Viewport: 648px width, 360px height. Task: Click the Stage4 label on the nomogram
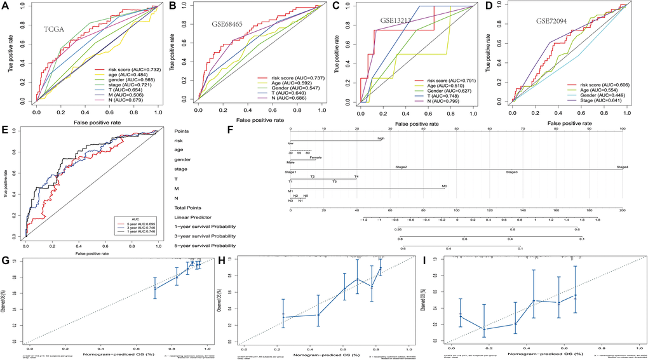622,167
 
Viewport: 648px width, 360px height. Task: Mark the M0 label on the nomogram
444,187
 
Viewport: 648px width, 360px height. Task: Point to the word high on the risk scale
381,138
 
